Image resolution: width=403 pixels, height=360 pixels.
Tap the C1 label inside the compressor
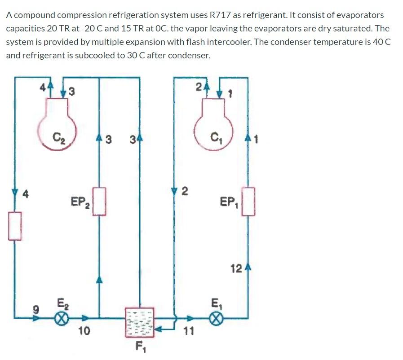click(x=217, y=135)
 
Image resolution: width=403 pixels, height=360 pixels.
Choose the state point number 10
click(x=84, y=331)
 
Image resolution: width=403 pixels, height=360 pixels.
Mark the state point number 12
click(x=236, y=269)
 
